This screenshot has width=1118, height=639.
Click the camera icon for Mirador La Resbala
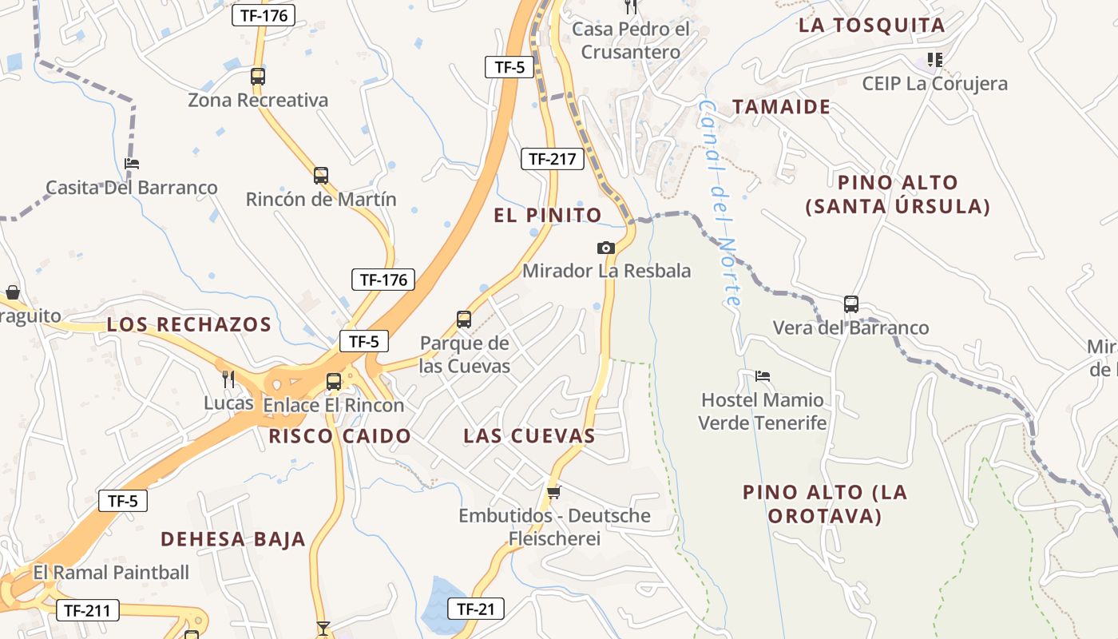coord(606,248)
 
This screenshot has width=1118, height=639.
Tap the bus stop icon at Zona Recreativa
coord(257,77)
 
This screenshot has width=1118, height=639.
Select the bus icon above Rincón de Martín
coord(320,175)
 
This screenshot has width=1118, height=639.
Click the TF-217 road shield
coord(552,159)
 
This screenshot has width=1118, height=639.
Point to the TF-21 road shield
coord(475,609)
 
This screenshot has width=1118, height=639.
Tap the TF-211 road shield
coord(88,611)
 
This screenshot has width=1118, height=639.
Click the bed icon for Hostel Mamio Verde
coord(763,375)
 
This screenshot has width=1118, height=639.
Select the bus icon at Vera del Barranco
coord(850,304)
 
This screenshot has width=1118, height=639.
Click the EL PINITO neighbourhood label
coord(548,215)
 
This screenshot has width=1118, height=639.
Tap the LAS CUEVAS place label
coord(529,436)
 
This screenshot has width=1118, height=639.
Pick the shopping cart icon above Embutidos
coord(553,491)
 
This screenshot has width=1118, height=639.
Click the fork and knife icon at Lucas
coord(228,379)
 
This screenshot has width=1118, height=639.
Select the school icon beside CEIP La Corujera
coord(934,60)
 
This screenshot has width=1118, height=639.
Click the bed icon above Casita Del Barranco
coord(132,164)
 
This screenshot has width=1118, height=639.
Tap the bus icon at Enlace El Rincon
coord(333,381)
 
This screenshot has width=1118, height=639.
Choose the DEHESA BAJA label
coord(233,539)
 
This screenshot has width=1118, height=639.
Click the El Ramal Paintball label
coord(111,573)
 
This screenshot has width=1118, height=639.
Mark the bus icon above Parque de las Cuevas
coord(463,319)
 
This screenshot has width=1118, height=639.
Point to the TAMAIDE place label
coord(781,107)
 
